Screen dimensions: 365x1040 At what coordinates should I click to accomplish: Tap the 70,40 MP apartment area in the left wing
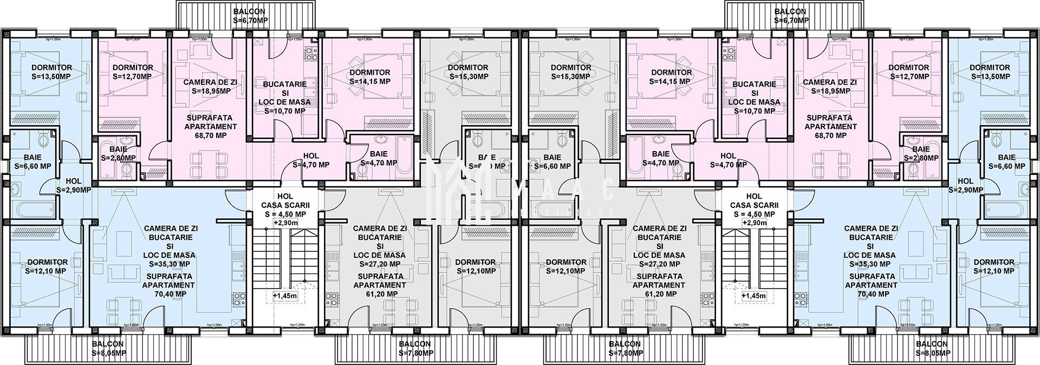click(170, 294)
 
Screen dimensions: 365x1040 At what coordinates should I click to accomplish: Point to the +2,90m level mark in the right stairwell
click(754, 223)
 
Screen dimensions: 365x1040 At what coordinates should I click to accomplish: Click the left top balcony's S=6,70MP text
click(249, 21)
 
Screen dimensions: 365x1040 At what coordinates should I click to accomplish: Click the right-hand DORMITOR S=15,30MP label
click(570, 76)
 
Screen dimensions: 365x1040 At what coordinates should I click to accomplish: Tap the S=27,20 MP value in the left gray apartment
click(380, 264)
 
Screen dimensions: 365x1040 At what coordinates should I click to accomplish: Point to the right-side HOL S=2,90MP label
click(966, 190)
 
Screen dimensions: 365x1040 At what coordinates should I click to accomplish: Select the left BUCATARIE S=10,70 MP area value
click(284, 111)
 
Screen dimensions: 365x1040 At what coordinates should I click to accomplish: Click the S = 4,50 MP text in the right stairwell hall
click(754, 214)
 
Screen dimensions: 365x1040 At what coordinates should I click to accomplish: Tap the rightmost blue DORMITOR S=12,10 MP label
click(993, 271)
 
